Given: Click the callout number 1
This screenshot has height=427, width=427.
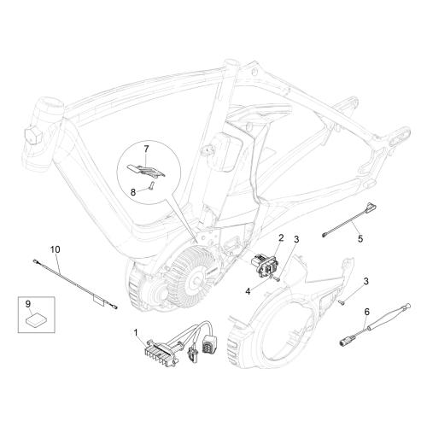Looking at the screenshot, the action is pyautogui.click(x=136, y=332).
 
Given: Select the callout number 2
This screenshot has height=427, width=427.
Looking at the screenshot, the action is pyautogui.click(x=281, y=237).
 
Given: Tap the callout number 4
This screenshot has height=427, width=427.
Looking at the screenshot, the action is pyautogui.click(x=248, y=291).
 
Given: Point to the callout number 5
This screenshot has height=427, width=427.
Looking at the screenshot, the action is pyautogui.click(x=360, y=238).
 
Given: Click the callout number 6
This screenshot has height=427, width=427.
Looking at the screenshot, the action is pyautogui.click(x=367, y=312).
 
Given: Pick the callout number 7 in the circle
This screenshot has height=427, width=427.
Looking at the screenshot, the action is pyautogui.click(x=146, y=149).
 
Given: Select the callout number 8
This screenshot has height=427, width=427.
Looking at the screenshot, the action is pyautogui.click(x=133, y=192).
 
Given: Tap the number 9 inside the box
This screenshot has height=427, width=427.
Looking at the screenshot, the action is pyautogui.click(x=28, y=304).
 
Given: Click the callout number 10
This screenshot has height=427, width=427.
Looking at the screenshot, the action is pyautogui.click(x=56, y=249).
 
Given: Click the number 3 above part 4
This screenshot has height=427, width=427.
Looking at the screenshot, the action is pyautogui.click(x=296, y=239).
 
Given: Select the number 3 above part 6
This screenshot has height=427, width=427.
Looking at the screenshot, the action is pyautogui.click(x=366, y=281).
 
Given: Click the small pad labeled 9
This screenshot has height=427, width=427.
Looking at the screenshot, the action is pyautogui.click(x=35, y=320).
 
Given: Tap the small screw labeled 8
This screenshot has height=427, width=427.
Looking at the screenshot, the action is pyautogui.click(x=151, y=185).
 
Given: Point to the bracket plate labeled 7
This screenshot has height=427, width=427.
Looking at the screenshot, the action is pyautogui.click(x=146, y=170).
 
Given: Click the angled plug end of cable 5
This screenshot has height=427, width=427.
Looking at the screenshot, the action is pyautogui.click(x=371, y=206).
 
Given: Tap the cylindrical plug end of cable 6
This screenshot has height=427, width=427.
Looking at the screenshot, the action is pyautogui.click(x=345, y=342).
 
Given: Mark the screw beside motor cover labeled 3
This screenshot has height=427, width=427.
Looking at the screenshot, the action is pyautogui.click(x=342, y=302).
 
